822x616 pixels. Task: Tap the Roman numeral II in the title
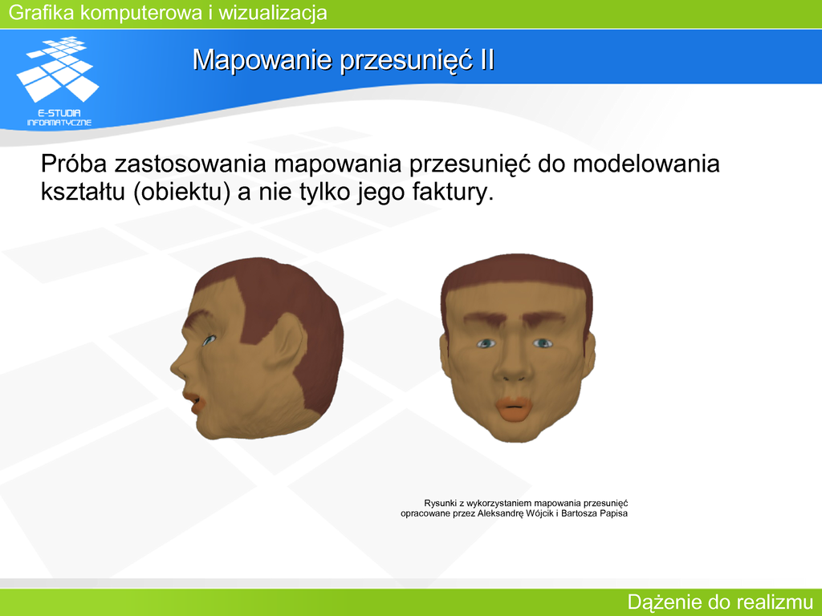[x=486, y=59]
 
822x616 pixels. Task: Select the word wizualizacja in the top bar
[x=273, y=13]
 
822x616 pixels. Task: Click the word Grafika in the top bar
[x=42, y=13]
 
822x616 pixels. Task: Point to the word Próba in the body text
[x=74, y=164]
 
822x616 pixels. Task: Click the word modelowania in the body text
[x=646, y=164]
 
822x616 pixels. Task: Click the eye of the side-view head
[x=210, y=340]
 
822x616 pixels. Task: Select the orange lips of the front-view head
[x=515, y=407]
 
